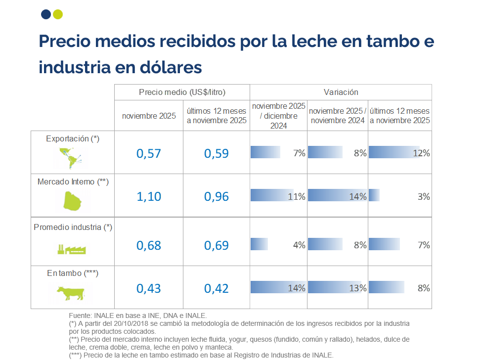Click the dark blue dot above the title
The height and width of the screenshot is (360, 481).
46,14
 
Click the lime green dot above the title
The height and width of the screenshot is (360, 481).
57,14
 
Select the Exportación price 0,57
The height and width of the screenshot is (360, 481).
149,153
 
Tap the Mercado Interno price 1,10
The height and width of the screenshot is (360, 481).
149,196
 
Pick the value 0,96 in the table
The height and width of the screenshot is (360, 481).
217,196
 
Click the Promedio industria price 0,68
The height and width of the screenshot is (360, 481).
149,245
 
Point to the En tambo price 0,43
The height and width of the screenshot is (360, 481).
149,288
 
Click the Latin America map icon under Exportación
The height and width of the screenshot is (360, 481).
69,157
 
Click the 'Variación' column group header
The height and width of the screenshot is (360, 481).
341,92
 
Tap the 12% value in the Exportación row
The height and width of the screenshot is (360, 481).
422,153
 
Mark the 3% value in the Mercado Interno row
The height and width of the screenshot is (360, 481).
424,196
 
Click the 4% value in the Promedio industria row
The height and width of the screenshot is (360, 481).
299,245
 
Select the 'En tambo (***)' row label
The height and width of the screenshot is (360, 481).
73,273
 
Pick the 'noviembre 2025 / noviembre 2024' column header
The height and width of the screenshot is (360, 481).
338,116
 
